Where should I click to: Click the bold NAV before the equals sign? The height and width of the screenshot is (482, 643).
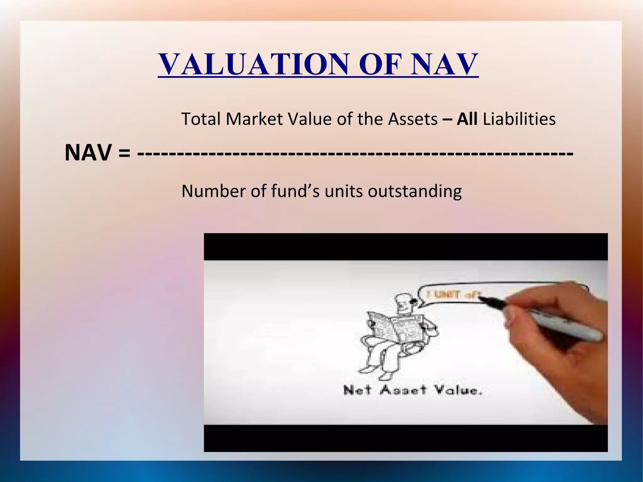tap(88, 153)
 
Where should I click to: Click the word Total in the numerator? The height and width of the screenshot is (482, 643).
tap(201, 119)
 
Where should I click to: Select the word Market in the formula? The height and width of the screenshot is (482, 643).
tap(254, 119)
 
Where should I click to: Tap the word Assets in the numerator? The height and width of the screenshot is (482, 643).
tap(413, 119)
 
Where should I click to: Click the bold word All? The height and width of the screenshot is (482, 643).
tap(467, 119)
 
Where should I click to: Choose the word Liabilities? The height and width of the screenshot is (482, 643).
tap(519, 119)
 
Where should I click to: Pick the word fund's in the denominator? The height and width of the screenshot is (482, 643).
tap(295, 191)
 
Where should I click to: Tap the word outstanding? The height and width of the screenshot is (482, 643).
tap(414, 191)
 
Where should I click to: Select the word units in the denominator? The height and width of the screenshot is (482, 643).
tap(343, 191)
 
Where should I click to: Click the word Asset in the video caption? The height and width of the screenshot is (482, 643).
tap(403, 390)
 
